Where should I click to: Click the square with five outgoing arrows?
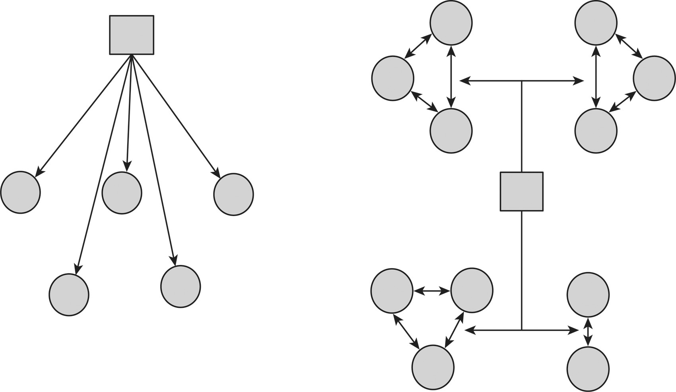point(132,35)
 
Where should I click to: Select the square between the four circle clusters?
point(521,191)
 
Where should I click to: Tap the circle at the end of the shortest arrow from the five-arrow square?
point(122,193)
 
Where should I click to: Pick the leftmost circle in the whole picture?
point(21,193)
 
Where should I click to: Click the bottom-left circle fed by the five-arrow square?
point(69,295)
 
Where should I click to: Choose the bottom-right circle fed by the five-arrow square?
point(181,286)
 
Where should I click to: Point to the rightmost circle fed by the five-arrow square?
point(233,195)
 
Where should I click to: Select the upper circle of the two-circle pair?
point(588,295)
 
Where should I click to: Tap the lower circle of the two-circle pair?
point(588,369)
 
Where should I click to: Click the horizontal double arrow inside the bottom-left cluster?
point(431,291)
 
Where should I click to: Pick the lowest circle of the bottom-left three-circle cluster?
point(433,367)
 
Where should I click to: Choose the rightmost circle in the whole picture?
point(654,78)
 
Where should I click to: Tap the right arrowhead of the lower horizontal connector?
point(574,330)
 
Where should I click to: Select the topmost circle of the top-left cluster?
point(451,23)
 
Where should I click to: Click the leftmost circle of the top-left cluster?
point(393,78)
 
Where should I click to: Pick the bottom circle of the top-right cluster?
point(596,131)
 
